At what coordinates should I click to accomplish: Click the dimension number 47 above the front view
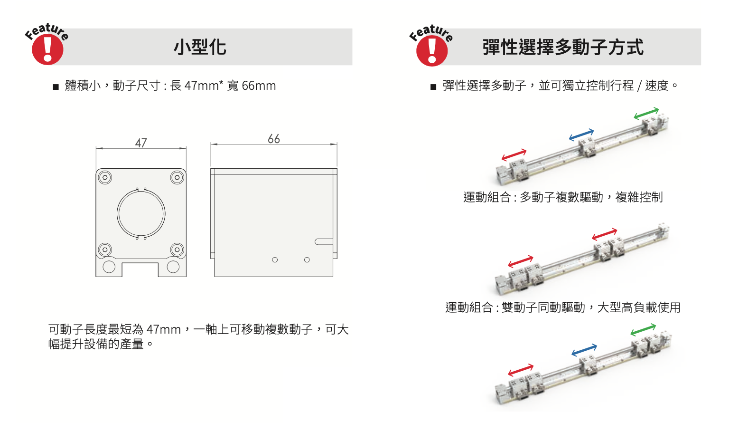(x=141, y=143)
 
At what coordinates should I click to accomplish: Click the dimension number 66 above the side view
(x=274, y=139)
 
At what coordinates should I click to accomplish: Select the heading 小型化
(x=200, y=47)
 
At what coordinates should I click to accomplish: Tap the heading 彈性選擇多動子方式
(x=563, y=47)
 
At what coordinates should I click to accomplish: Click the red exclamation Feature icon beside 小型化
(x=47, y=48)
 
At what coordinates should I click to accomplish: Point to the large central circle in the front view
(x=141, y=213)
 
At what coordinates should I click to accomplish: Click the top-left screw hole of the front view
(x=105, y=178)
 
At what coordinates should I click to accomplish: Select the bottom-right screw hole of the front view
(x=177, y=250)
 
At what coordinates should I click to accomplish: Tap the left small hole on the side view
(x=275, y=260)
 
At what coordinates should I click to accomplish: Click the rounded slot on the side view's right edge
(x=324, y=242)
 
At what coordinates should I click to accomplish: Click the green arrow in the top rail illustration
(x=646, y=113)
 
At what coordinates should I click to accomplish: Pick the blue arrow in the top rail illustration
(x=581, y=135)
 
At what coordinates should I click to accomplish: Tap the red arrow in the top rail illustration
(x=514, y=155)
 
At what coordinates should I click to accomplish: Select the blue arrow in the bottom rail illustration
(x=584, y=350)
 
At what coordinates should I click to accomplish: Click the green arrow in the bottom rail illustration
(x=643, y=329)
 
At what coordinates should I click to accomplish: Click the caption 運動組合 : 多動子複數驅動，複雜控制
(x=563, y=197)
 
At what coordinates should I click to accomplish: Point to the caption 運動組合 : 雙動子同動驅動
(x=515, y=308)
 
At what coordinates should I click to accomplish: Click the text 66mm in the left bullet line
(x=259, y=86)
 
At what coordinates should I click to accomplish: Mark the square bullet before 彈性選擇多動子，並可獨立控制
(x=433, y=87)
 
